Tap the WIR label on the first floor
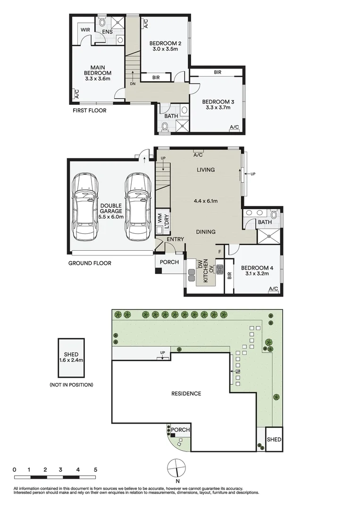point(85,30)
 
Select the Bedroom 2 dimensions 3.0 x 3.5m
point(165,49)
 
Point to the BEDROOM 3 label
point(218,102)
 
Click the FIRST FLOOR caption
point(89,110)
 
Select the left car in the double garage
point(85,205)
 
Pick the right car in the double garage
point(137,205)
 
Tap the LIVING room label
point(204,170)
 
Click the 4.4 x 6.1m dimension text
point(204,201)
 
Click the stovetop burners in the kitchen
point(219,270)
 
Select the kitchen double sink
point(192,275)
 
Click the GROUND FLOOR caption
point(90,263)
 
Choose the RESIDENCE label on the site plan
point(186,393)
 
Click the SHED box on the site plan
point(274,439)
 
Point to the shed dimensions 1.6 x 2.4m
point(71,360)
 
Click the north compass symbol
point(175,468)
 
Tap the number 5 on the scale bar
point(95,470)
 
